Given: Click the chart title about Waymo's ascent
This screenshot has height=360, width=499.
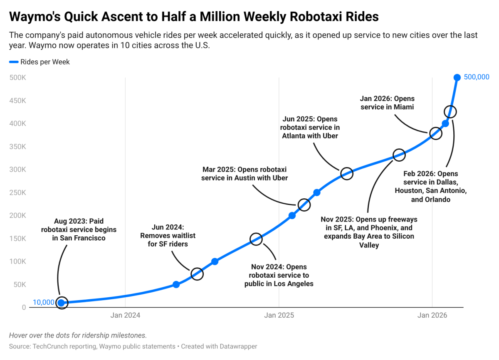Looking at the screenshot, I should click(x=194, y=16).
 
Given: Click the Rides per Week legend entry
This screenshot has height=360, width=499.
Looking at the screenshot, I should click(x=40, y=62).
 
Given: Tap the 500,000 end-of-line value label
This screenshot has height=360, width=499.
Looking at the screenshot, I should click(x=476, y=77).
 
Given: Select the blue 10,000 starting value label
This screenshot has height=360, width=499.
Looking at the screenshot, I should click(x=43, y=302).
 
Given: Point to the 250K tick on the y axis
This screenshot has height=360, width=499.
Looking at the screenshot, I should click(x=18, y=192).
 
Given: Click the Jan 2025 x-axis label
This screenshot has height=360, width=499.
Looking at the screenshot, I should click(x=279, y=315).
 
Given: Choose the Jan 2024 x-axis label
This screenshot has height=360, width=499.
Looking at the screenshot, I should click(x=125, y=315).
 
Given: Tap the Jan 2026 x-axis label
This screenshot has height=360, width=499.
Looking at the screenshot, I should click(x=432, y=315).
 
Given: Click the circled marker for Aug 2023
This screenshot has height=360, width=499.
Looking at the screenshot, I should click(x=62, y=303).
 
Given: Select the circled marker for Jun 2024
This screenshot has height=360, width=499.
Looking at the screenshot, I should click(x=197, y=274).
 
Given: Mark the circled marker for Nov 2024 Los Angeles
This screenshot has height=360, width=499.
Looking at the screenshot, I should click(x=256, y=239).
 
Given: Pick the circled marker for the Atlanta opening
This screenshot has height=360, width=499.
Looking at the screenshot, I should click(x=347, y=173).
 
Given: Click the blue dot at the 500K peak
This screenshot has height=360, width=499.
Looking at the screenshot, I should click(x=457, y=77).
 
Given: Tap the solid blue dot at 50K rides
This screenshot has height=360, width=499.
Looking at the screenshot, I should click(x=176, y=284).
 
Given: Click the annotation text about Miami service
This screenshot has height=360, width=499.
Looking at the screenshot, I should click(x=387, y=103).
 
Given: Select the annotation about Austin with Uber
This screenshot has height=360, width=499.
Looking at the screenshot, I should click(x=245, y=173).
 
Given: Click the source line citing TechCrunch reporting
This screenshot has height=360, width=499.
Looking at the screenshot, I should click(x=133, y=346).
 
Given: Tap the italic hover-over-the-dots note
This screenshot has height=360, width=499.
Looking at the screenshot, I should click(x=78, y=335).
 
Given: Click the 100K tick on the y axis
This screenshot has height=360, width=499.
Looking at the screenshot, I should click(x=18, y=261).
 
